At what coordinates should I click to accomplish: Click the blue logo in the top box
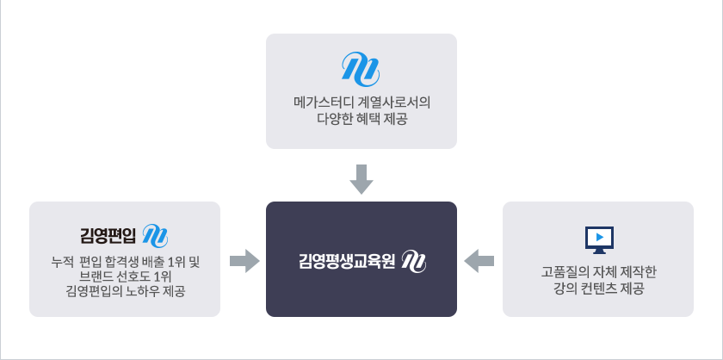click(361, 67)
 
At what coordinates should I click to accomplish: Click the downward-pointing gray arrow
click(361, 179)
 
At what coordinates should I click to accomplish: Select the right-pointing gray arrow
click(245, 259)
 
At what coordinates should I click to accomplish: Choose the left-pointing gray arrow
click(479, 259)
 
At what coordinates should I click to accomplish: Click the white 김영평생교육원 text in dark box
click(346, 260)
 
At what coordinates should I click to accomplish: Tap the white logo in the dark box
click(414, 260)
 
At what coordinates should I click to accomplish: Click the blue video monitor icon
click(598, 239)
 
